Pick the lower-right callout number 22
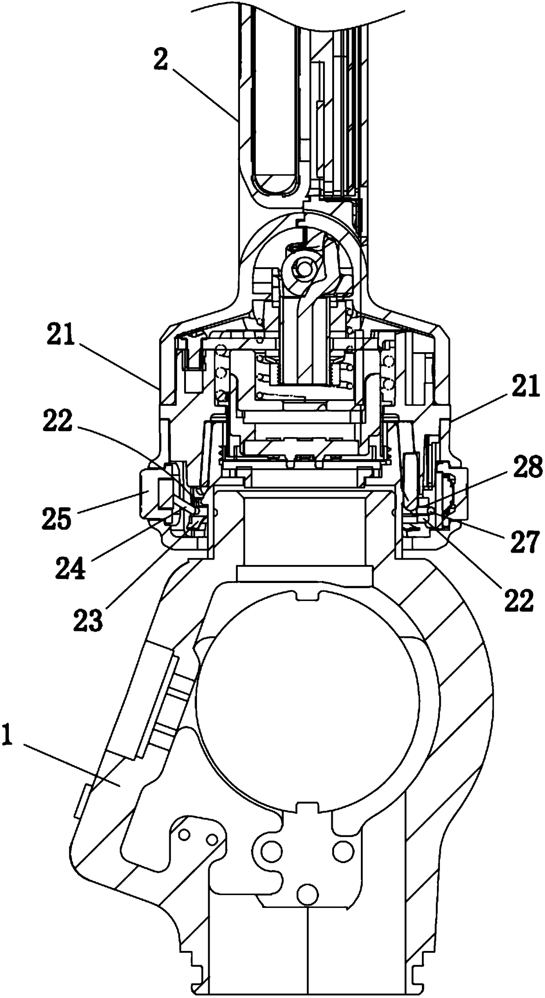pos(519,600)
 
